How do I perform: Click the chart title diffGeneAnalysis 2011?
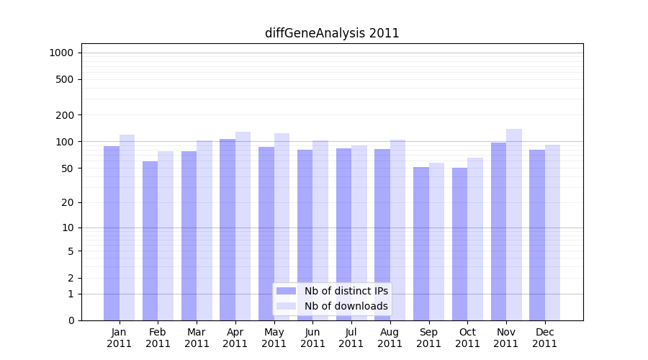click(x=332, y=33)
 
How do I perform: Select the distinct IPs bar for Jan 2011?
click(x=112, y=233)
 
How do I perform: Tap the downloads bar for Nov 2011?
click(x=514, y=225)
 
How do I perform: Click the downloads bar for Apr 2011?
click(x=243, y=226)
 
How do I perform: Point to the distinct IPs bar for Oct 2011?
click(x=460, y=244)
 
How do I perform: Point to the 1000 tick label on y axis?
click(x=61, y=53)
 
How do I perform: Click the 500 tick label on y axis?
click(x=66, y=79)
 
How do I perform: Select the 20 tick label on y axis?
click(x=68, y=202)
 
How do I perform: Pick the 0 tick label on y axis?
click(x=71, y=320)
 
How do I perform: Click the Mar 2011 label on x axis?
click(x=197, y=338)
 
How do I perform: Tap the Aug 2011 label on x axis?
click(x=390, y=338)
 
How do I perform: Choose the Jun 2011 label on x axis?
click(x=312, y=338)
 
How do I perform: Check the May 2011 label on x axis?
click(x=274, y=338)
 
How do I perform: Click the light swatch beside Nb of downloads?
click(x=287, y=306)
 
